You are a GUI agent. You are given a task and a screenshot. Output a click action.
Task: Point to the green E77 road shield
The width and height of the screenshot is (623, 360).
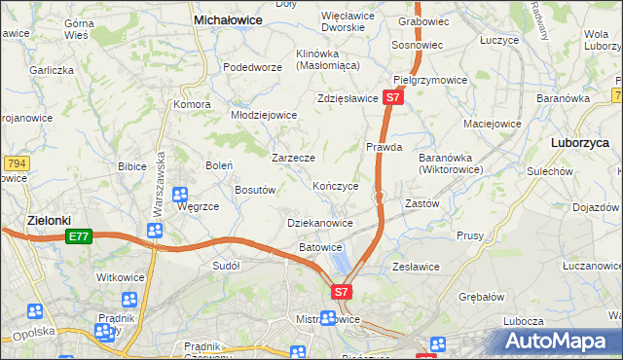pyautogui.click(x=79, y=236)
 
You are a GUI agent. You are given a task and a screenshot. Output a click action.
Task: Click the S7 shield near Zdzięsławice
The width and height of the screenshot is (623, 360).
pyautogui.click(x=391, y=98)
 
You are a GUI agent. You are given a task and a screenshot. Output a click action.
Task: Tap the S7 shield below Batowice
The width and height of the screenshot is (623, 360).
pyautogui.click(x=341, y=291)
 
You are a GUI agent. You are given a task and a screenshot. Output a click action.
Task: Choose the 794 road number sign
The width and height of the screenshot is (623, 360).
pyautogui.click(x=14, y=163)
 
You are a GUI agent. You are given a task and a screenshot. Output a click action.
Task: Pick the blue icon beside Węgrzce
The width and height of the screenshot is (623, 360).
pyautogui.click(x=181, y=193)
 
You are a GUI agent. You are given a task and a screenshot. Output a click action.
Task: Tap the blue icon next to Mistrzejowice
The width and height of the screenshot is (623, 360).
pyautogui.click(x=329, y=318)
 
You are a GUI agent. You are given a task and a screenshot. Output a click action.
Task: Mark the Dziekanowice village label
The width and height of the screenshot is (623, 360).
pyautogui.click(x=320, y=223)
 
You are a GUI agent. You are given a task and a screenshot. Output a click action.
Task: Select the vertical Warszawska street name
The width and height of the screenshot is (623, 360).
pyautogui.click(x=155, y=184)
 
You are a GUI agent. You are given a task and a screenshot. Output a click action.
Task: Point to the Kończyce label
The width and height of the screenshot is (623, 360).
pyautogui.click(x=336, y=185)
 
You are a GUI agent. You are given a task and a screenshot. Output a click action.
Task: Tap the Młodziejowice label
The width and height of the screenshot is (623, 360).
pyautogui.click(x=263, y=114)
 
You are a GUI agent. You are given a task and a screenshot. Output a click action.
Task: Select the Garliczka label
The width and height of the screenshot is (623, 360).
pyautogui.click(x=52, y=70)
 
